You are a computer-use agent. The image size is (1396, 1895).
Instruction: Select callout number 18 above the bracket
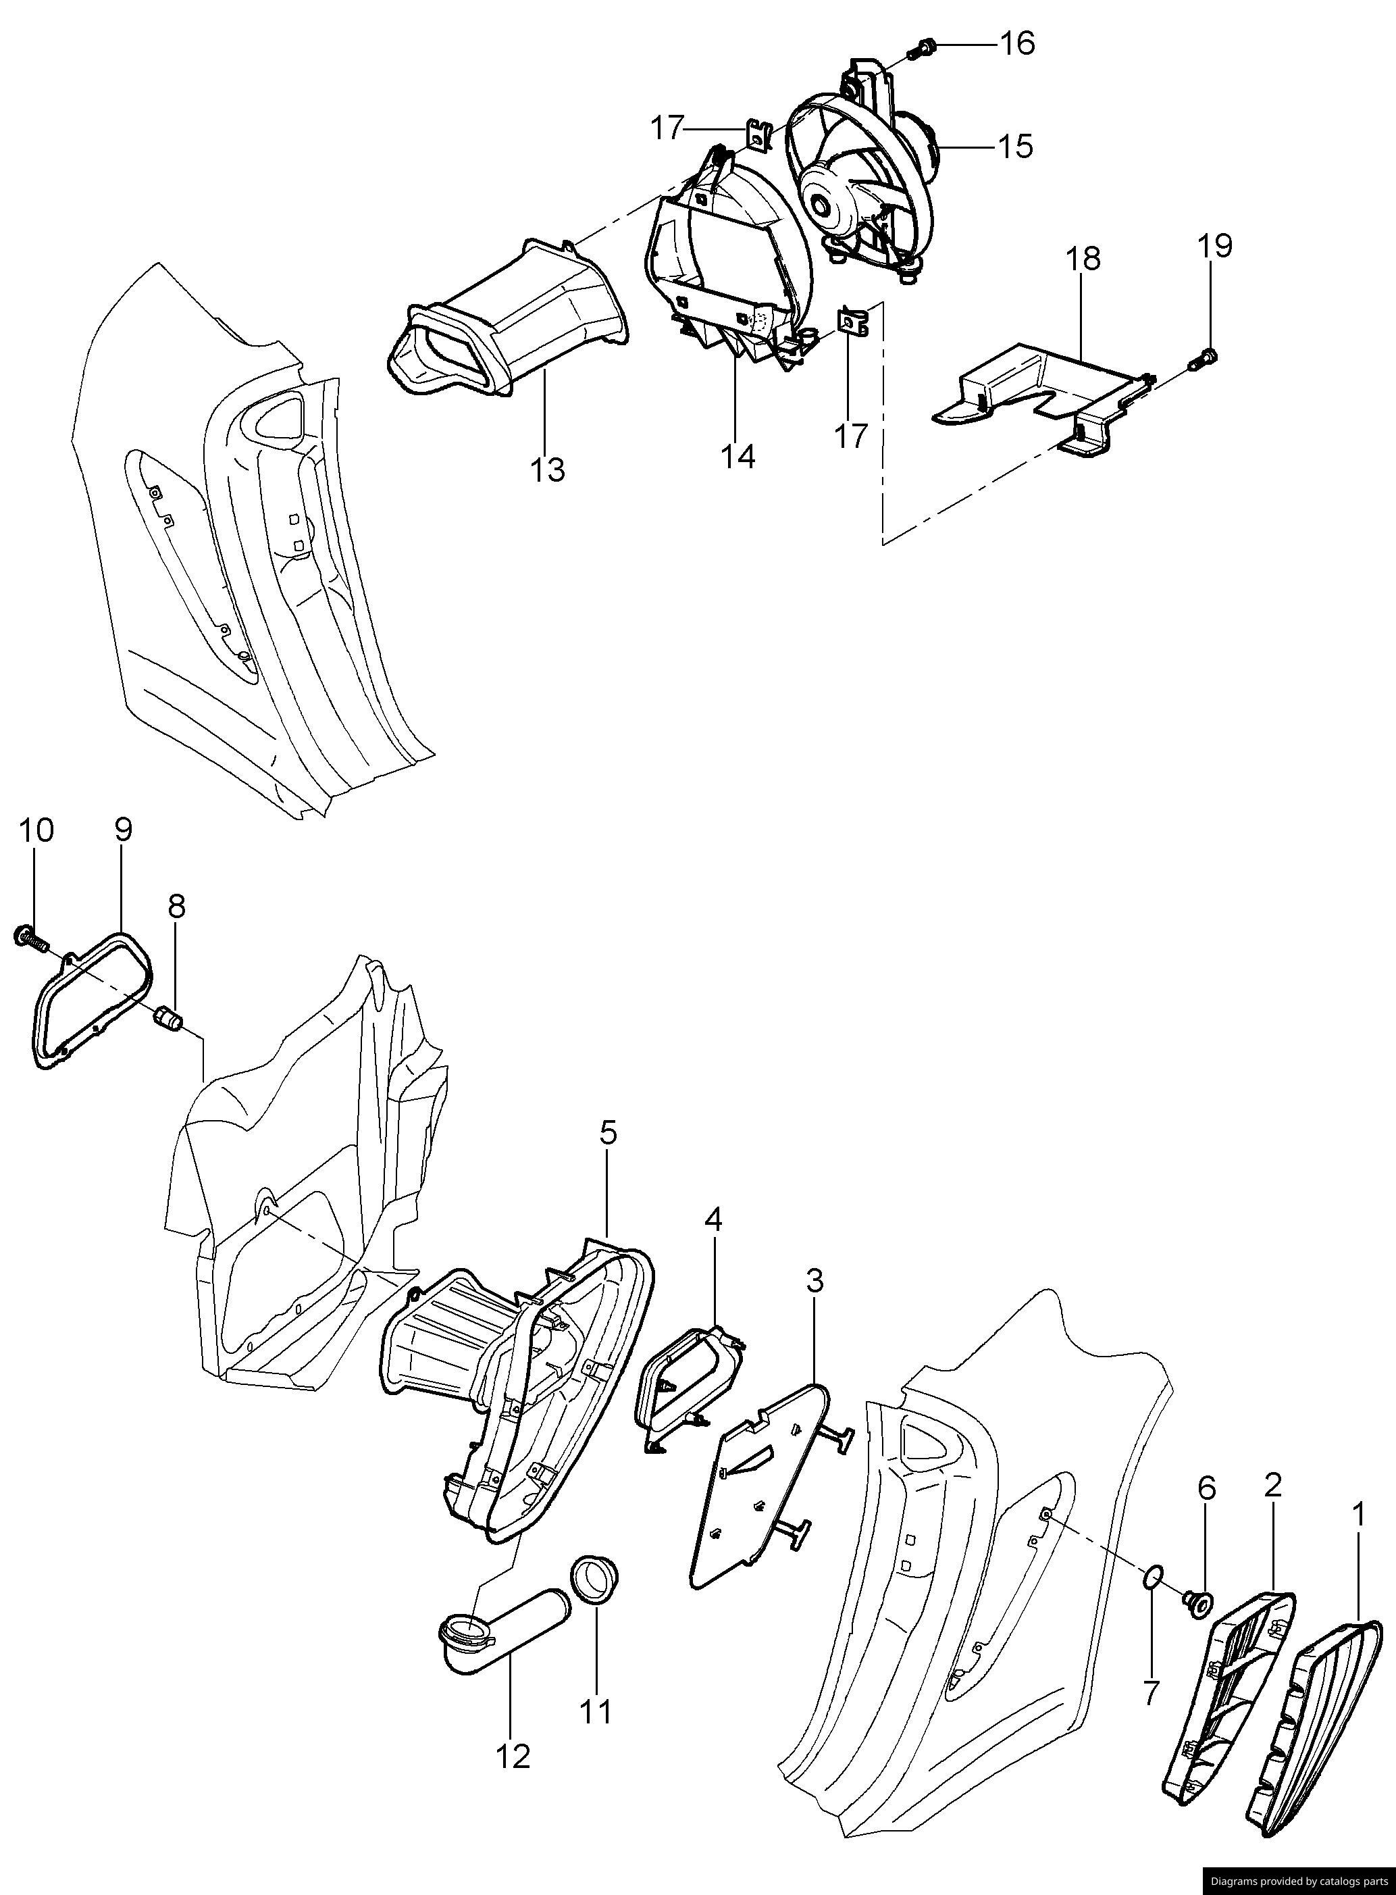click(1084, 258)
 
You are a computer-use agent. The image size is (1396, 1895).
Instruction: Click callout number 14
click(738, 457)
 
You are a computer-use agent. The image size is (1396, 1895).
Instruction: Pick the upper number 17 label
click(666, 128)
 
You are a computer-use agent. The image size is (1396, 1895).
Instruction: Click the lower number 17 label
click(851, 436)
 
